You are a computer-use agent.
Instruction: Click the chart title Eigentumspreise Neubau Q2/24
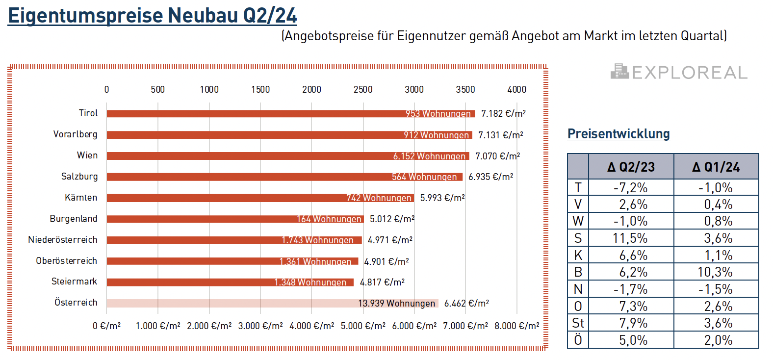tap(153, 16)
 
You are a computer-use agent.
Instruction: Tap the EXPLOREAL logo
tap(679, 72)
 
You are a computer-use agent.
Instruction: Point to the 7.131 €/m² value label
tap(500, 135)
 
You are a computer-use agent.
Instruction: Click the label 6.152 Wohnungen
tap(429, 156)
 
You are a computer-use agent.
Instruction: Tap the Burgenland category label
tap(74, 219)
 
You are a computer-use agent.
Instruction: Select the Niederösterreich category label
tap(63, 240)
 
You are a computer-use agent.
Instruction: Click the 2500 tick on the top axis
tap(363, 89)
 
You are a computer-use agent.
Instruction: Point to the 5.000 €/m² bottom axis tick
tap(363, 326)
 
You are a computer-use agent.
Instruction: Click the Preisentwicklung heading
tap(618, 134)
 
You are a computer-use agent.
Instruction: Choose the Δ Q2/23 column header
tap(631, 167)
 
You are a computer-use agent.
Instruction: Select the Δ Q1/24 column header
tap(716, 167)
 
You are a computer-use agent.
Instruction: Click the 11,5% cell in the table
tap(631, 238)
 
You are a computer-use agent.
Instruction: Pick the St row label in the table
tap(578, 323)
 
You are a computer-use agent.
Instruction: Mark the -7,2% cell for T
tap(631, 188)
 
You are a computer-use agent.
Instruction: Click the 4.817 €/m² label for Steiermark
tap(382, 283)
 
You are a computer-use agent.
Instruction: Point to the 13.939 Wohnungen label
tap(396, 304)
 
